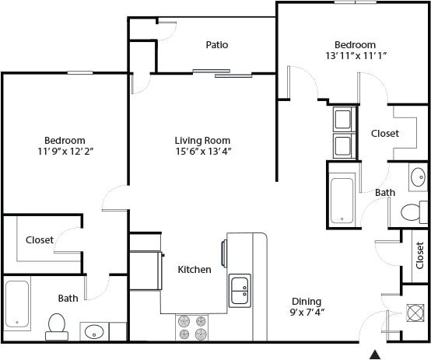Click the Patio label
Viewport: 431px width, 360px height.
(217, 45)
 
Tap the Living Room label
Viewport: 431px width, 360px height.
(202, 140)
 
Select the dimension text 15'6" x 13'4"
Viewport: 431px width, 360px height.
(202, 152)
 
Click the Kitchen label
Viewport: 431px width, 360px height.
(194, 270)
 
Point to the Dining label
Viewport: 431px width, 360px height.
(307, 302)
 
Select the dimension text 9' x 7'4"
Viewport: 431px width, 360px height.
(307, 313)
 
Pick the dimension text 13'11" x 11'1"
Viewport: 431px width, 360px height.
(355, 56)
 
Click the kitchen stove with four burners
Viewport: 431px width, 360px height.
(192, 327)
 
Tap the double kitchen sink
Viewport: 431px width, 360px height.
(240, 291)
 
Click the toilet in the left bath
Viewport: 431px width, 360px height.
(56, 326)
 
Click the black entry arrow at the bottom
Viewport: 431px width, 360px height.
(374, 355)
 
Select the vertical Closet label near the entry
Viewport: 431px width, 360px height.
(420, 255)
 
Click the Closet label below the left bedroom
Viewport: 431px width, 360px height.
(40, 240)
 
